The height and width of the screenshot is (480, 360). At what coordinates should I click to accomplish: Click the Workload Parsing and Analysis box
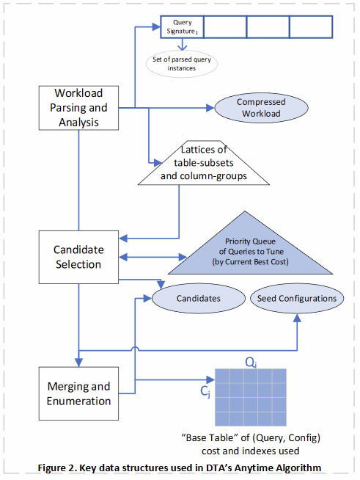pos(78,108)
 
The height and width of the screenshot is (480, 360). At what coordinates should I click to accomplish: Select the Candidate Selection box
pos(78,257)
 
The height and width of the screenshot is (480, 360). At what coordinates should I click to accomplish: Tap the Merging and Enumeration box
pos(78,393)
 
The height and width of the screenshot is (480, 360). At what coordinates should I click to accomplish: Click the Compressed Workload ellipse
pos(261,108)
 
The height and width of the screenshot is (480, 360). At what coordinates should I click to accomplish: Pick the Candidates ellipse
pos(199,298)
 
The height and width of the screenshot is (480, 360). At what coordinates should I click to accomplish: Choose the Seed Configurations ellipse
pos(297,298)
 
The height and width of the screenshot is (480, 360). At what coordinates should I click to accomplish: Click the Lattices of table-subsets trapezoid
pos(204,163)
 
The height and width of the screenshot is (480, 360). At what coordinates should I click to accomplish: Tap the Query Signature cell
pos(183,27)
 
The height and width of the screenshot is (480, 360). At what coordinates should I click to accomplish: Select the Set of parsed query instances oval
pos(182,64)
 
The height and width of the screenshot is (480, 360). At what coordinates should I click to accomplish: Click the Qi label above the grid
pos(251,363)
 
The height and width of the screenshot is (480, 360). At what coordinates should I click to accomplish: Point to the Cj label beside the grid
pos(205,391)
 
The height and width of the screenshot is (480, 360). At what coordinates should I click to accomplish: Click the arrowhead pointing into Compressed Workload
pos(210,108)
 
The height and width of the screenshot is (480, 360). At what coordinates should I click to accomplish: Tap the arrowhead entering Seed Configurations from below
pos(297,318)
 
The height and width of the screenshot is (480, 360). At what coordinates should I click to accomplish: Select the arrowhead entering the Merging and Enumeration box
pos(78,363)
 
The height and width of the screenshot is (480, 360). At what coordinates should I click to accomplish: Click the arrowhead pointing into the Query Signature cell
pos(157,27)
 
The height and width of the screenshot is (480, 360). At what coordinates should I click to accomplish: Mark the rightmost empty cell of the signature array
pos(311,27)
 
